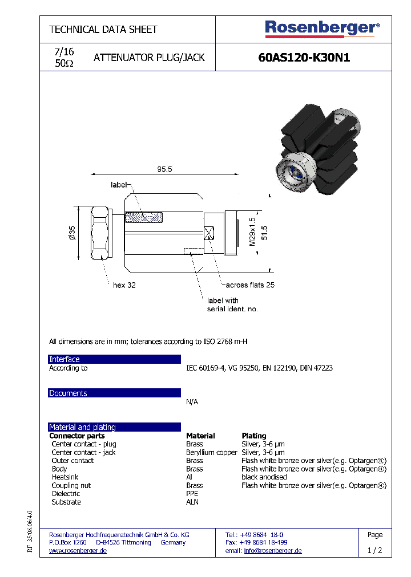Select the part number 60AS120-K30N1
304,58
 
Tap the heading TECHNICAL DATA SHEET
103,30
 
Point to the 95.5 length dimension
164,169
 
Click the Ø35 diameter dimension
72,233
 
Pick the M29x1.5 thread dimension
252,231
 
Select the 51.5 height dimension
264,233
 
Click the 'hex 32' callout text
124,285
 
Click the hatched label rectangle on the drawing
144,217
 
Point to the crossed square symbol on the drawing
208,233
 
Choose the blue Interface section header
114,359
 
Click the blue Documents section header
114,393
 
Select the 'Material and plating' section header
114,427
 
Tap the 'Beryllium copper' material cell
211,452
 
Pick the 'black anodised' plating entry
264,477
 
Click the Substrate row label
66,502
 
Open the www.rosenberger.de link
78,551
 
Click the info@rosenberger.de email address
273,551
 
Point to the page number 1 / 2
375,551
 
